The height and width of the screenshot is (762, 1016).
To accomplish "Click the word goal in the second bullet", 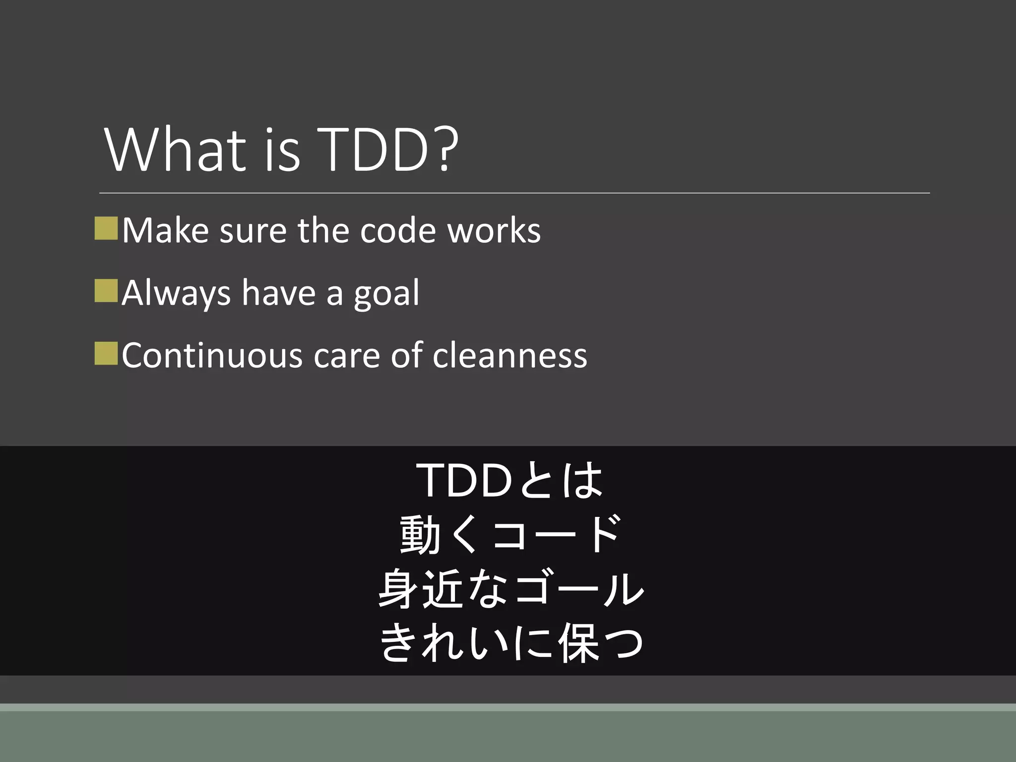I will [x=386, y=294].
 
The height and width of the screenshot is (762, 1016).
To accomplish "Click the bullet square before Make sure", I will [x=106, y=228].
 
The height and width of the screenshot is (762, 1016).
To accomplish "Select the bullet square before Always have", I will [x=106, y=291].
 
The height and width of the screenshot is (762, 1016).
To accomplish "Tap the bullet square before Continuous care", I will [x=106, y=353].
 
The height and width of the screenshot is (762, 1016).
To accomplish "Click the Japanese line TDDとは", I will [x=511, y=480].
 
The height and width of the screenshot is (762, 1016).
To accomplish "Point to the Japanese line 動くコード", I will [x=510, y=534].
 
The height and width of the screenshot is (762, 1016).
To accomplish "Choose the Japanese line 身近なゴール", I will [x=511, y=589].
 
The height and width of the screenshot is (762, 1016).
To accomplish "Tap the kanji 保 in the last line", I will [x=579, y=643].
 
